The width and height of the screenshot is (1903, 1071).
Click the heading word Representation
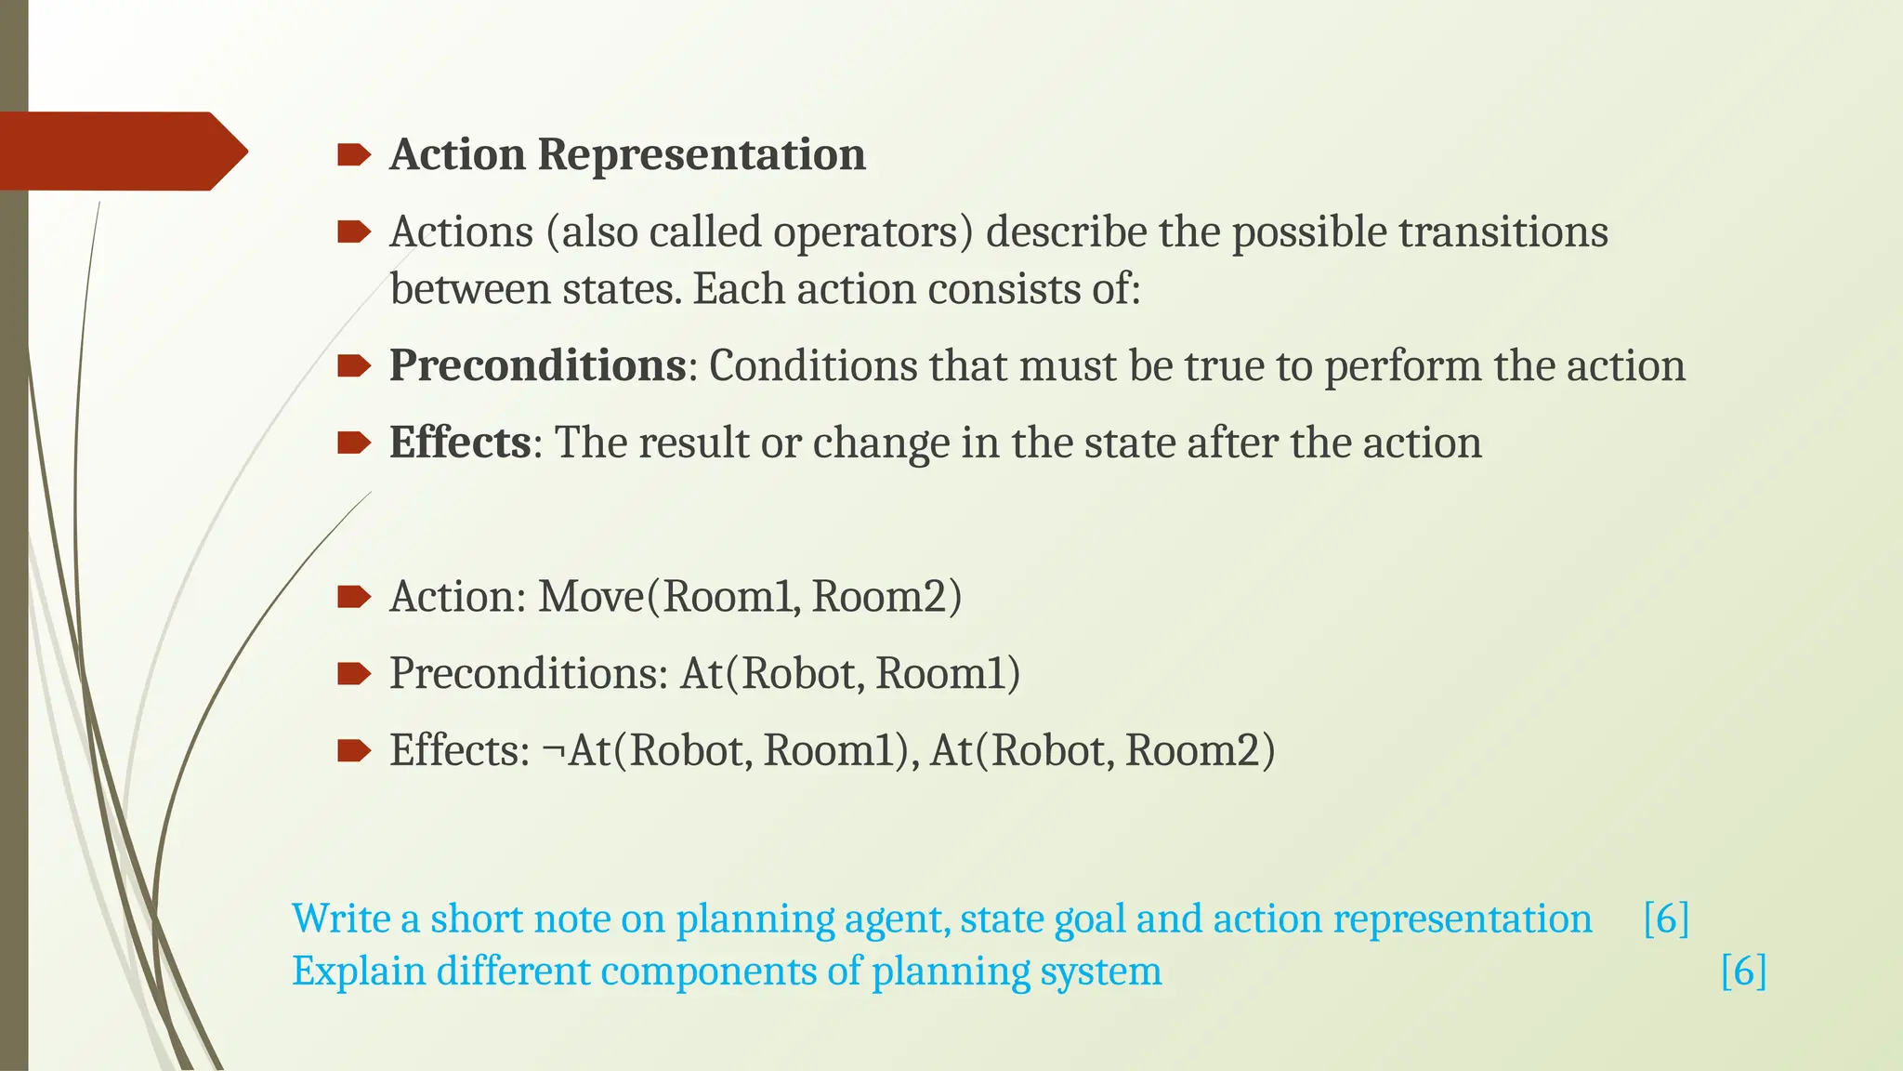coord(702,154)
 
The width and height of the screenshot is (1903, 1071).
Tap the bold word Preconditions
coord(537,365)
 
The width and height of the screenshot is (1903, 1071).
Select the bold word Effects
coord(460,443)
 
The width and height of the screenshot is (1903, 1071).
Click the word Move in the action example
coord(591,597)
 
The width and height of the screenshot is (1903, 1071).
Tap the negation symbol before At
coord(554,751)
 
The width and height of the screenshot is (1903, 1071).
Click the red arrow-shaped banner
coord(121,151)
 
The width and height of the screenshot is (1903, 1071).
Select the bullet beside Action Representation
coord(354,154)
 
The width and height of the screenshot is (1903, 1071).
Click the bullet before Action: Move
coord(354,597)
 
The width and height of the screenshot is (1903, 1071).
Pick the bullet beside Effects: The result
coord(354,443)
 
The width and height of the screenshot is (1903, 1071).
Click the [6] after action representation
coord(1665,919)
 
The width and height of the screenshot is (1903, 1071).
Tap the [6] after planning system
coord(1743,972)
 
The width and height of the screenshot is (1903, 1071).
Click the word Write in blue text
coord(340,919)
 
